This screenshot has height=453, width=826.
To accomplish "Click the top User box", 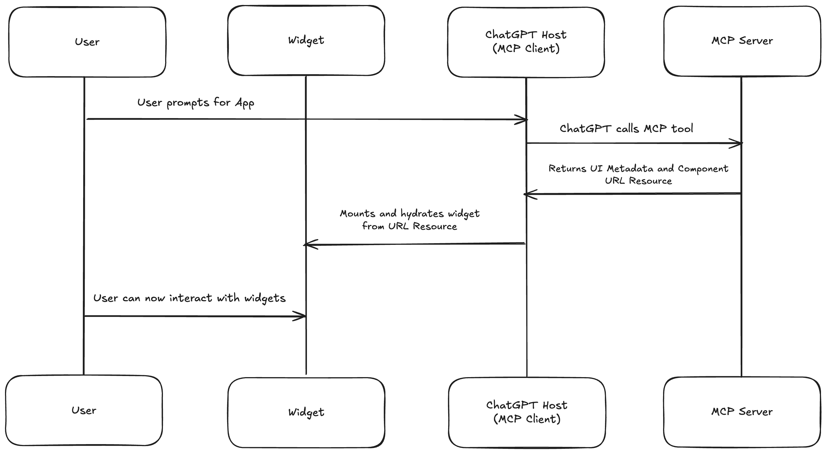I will (87, 42).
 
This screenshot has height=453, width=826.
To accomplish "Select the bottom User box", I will (84, 410).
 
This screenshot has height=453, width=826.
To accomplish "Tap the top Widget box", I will (306, 40).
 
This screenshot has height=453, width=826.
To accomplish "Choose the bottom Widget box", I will (306, 412).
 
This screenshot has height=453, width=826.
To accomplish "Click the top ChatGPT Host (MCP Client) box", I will (526, 42).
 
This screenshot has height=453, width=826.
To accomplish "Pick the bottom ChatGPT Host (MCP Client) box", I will (527, 412).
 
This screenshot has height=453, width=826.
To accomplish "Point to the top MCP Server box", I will (742, 41).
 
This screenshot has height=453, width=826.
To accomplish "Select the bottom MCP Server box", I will (742, 412).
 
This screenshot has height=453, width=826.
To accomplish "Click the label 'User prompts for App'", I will (196, 103).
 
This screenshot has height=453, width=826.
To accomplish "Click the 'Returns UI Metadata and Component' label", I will (638, 169).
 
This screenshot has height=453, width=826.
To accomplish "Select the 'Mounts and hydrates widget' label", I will (410, 214).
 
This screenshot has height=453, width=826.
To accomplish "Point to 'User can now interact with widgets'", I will (189, 298).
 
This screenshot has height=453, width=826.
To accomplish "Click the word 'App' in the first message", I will (245, 103).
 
